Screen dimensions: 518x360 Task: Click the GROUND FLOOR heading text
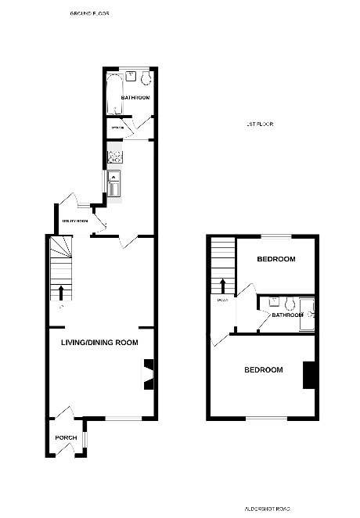pyautogui.click(x=89, y=14)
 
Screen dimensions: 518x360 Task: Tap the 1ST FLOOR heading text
pyautogui.click(x=259, y=124)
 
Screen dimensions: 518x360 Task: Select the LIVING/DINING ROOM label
pyautogui.click(x=100, y=343)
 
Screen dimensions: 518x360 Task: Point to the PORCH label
pyautogui.click(x=64, y=437)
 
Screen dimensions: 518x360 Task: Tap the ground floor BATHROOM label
pyautogui.click(x=135, y=98)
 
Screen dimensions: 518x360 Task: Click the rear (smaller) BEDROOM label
pyautogui.click(x=276, y=259)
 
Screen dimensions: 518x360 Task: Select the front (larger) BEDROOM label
pyautogui.click(x=263, y=369)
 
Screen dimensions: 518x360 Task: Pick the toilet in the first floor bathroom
pyautogui.click(x=290, y=302)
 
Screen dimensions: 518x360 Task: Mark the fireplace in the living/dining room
pyautogui.click(x=149, y=373)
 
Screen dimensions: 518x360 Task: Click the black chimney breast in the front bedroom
pyautogui.click(x=309, y=375)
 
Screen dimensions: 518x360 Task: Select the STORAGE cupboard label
pyautogui.click(x=118, y=127)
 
